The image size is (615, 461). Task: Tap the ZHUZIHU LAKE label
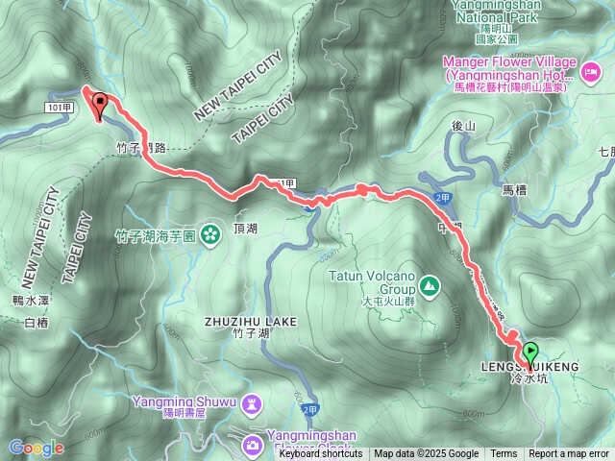click(x=251, y=321)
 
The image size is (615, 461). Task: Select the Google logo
click(x=36, y=448)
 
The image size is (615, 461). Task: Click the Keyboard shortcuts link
click(x=321, y=454)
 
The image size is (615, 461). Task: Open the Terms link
click(x=504, y=454)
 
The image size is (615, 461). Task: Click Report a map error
click(x=569, y=454)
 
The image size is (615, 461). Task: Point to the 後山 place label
click(x=464, y=126)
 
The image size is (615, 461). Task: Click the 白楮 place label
click(x=35, y=323)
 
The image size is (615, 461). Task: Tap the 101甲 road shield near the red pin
click(x=59, y=107)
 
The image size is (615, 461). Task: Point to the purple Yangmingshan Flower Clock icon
click(x=252, y=444)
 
